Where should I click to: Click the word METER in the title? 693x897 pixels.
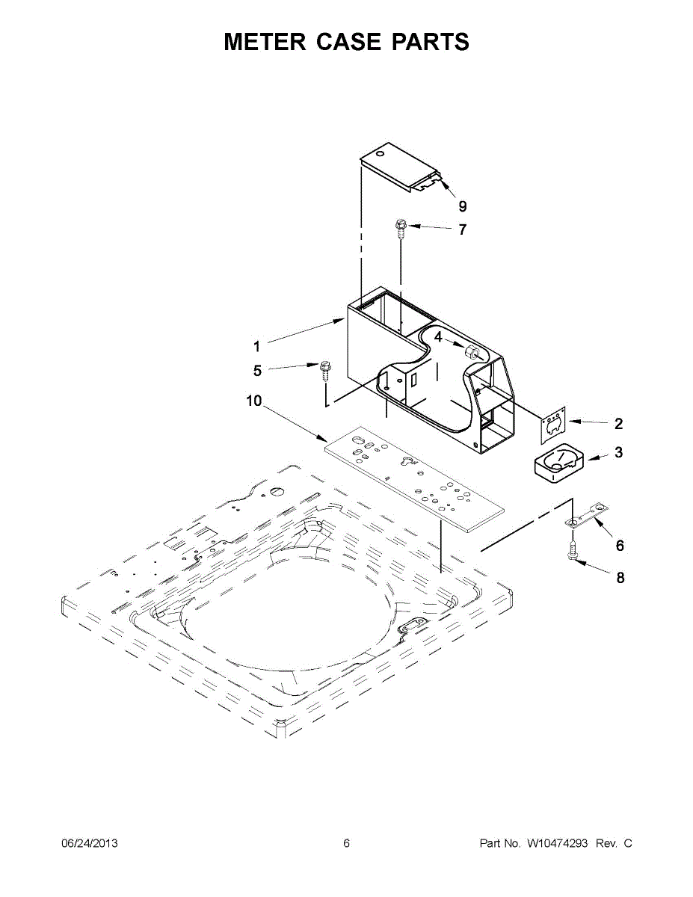[x=264, y=42]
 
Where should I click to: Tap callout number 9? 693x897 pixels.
[x=462, y=206]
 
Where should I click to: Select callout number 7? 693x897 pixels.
[x=462, y=229]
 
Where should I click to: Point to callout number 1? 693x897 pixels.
[x=256, y=346]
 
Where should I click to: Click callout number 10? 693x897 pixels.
[x=254, y=401]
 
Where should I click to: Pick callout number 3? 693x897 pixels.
[x=619, y=452]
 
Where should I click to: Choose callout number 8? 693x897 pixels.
[x=620, y=577]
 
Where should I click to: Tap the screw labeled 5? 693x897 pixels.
[x=325, y=368]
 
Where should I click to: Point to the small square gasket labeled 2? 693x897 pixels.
[x=553, y=424]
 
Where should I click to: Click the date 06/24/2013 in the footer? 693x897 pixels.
[x=89, y=843]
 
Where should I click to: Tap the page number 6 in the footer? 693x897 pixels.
[x=346, y=843]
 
